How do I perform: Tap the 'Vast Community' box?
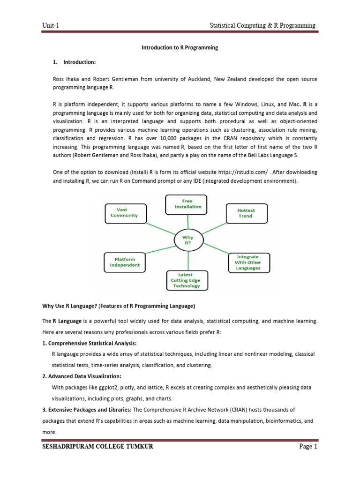(124, 212)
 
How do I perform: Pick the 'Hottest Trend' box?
(247, 213)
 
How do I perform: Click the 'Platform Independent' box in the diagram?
(124, 262)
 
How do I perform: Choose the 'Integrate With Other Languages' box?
(248, 262)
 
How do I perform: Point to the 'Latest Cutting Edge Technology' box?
(187, 280)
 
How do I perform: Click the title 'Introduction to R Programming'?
(180, 48)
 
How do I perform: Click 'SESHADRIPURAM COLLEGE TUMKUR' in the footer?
(97, 460)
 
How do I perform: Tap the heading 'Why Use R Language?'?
(69, 306)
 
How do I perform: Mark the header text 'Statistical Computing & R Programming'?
(262, 25)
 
